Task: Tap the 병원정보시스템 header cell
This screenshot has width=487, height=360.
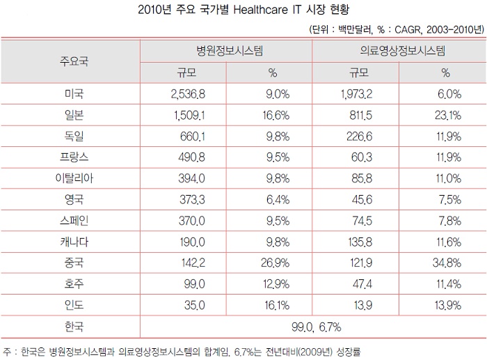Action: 229,51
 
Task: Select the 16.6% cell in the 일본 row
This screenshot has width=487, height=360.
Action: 272,115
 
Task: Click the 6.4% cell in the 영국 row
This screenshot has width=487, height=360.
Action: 272,201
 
